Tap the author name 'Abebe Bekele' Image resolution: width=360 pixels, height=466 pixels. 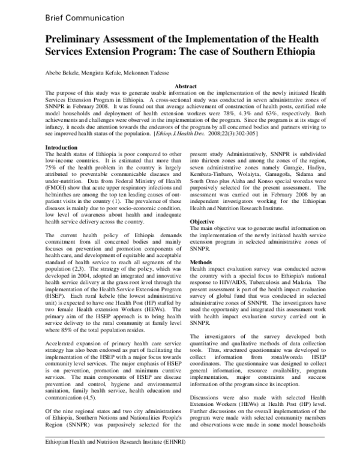point(62,73)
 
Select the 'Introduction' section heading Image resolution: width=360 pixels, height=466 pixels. point(62,148)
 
